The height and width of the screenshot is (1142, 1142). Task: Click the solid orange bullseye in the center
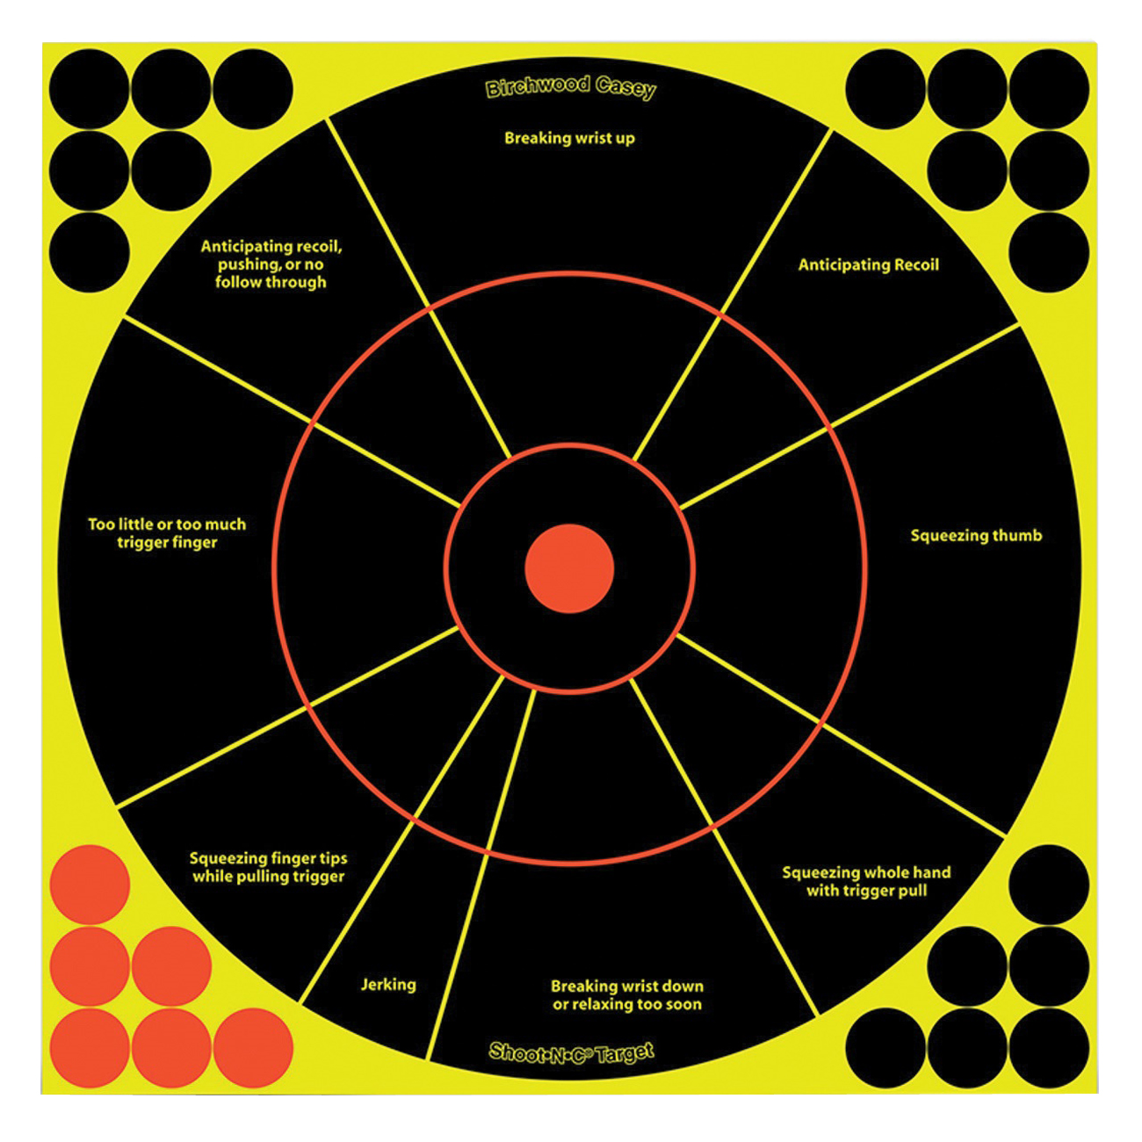pos(569,568)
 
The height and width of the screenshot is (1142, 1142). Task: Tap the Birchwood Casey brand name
pos(571,88)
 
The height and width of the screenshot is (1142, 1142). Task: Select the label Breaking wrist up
pos(569,139)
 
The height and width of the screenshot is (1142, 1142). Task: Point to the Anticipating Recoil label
pos(868,265)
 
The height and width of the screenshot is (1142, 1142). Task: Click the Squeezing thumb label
pos(976,536)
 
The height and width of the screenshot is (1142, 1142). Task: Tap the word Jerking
pos(388,985)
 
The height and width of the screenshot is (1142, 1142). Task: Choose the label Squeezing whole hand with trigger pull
pos(866,881)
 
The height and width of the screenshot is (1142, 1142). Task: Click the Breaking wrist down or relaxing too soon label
pos(627,995)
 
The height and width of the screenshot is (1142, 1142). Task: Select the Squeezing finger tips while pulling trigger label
pos(269,867)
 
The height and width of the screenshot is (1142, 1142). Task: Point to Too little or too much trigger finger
pos(167,533)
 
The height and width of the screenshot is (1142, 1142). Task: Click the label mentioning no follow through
pos(271,264)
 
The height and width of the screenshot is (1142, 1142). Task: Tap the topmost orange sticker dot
pos(90,885)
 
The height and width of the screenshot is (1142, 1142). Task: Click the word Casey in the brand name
pos(625,88)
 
